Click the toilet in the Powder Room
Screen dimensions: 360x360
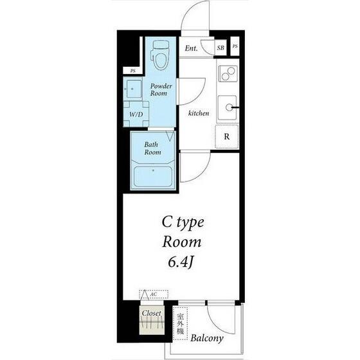(x=159, y=55)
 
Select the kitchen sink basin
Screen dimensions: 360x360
(x=227, y=107)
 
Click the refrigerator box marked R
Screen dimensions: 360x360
(x=227, y=136)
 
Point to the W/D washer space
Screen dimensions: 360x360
(x=136, y=114)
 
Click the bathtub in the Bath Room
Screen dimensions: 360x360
(x=153, y=176)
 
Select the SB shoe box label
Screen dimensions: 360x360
(x=221, y=48)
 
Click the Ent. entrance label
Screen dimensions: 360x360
(x=192, y=48)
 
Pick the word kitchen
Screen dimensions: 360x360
(x=199, y=113)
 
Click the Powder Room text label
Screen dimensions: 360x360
(x=161, y=90)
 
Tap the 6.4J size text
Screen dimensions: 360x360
(x=180, y=262)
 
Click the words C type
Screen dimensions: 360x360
(x=183, y=222)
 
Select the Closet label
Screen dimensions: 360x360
(x=151, y=313)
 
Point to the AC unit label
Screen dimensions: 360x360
(x=154, y=294)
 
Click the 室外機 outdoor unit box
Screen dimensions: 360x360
(x=181, y=324)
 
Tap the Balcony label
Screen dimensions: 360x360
(x=207, y=338)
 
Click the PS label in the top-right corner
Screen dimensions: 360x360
(x=235, y=46)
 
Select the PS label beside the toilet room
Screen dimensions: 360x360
(x=132, y=71)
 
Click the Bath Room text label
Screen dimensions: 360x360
(x=153, y=148)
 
